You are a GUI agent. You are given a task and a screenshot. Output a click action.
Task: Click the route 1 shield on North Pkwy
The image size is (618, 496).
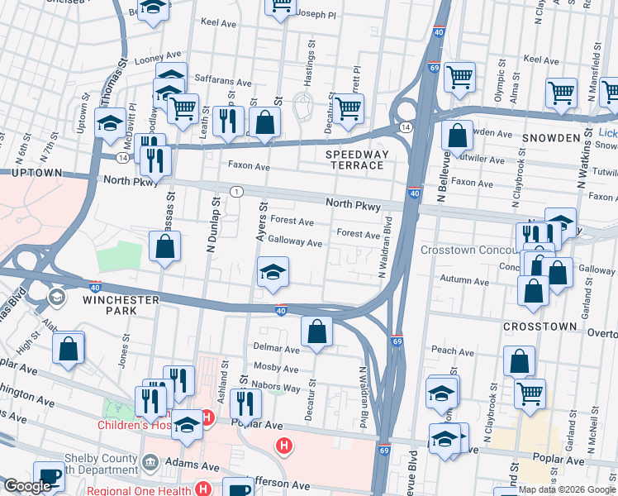coord(237,192)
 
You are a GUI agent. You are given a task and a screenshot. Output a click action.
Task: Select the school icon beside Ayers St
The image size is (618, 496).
coord(272,273)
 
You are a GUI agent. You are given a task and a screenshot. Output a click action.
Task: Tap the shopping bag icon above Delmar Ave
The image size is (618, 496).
coord(316,333)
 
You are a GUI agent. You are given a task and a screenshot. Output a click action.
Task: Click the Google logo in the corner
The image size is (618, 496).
coord(27,486)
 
